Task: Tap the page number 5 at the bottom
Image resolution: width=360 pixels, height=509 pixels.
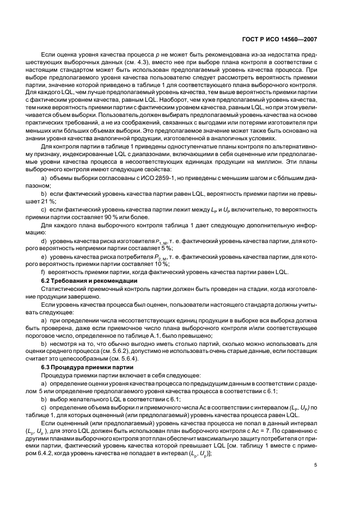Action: (315, 480)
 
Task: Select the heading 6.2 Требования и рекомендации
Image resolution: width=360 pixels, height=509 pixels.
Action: (82, 280)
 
